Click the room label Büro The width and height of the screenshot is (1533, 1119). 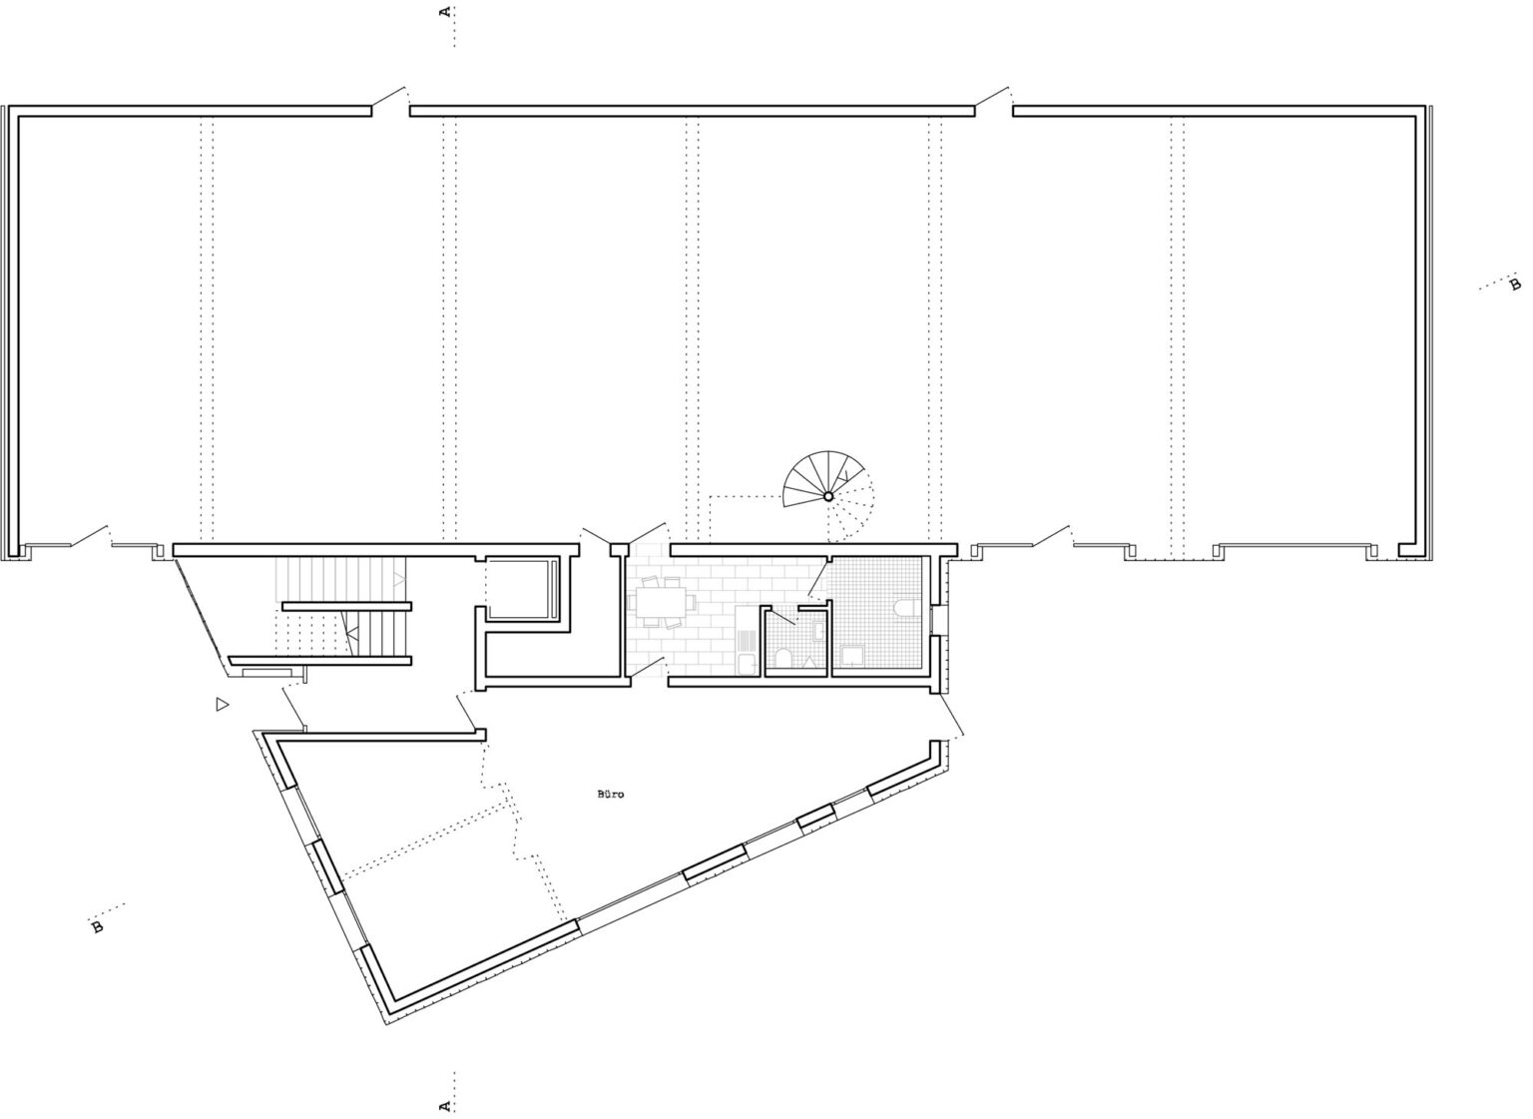(611, 795)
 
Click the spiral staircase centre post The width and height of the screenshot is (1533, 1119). (828, 495)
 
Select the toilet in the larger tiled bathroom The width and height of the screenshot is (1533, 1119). (906, 606)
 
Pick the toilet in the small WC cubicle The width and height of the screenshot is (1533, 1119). (782, 659)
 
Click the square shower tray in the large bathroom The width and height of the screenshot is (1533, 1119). (852, 657)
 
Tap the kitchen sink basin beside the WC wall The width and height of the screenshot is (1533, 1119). (748, 664)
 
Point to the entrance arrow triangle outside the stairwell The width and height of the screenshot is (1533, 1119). (221, 705)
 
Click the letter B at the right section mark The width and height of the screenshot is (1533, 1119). (1516, 283)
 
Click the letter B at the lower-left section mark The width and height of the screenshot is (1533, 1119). (97, 927)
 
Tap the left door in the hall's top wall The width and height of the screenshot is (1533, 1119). (388, 97)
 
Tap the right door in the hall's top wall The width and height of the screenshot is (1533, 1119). (992, 97)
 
